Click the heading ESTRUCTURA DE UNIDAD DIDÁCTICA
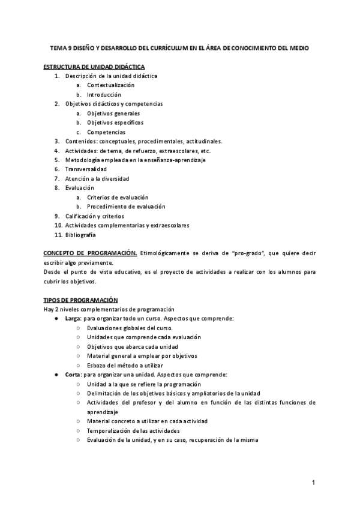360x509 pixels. click(x=94, y=66)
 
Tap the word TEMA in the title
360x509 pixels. click(x=59, y=48)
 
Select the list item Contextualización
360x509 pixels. click(x=110, y=85)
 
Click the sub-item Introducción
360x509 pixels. click(x=104, y=95)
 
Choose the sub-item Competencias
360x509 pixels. click(x=106, y=132)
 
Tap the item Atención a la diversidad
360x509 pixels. click(x=97, y=178)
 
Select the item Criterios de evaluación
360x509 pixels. click(x=118, y=197)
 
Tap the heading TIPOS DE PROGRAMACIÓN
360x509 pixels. click(x=81, y=300)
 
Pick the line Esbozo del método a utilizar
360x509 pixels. click(x=125, y=365)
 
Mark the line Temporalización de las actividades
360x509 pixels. click(x=133, y=430)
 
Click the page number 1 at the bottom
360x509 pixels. click(x=313, y=483)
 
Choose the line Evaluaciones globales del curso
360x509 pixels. click(x=130, y=328)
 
